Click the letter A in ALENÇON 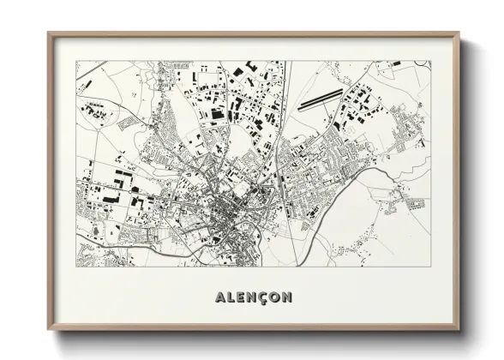coord(215,297)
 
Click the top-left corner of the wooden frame coord(49,34)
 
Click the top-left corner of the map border coord(75,61)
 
